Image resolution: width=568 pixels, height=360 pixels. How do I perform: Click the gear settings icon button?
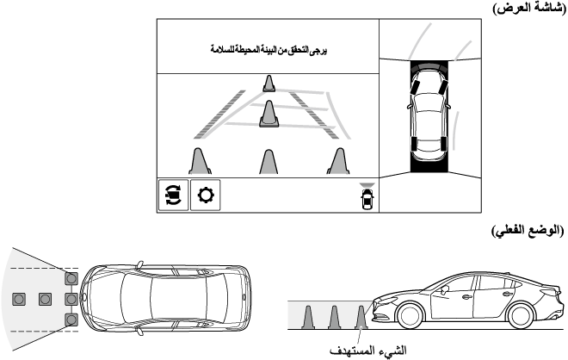click(206, 195)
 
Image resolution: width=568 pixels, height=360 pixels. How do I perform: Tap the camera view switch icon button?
click(174, 195)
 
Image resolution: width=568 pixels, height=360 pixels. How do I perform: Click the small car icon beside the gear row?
click(367, 196)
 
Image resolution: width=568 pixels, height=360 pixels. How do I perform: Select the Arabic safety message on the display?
click(269, 50)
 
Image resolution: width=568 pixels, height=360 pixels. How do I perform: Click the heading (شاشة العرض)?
click(529, 8)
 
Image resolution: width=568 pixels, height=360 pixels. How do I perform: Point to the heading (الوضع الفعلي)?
click(528, 231)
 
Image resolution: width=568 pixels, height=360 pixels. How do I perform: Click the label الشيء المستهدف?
click(368, 351)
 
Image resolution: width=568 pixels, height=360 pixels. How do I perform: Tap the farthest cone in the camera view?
click(269, 84)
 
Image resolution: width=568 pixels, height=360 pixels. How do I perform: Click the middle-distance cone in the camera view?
click(269, 114)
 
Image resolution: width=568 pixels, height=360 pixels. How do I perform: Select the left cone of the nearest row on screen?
click(200, 161)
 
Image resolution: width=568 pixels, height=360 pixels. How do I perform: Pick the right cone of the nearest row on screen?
click(338, 161)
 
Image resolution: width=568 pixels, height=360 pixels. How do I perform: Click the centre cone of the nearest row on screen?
click(269, 162)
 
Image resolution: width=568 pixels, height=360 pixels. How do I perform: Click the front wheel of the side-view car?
click(410, 314)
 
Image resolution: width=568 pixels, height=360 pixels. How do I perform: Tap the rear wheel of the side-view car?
click(521, 314)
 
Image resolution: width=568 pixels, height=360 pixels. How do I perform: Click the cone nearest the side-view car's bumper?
click(361, 318)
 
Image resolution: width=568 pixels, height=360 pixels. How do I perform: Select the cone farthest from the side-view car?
click(308, 318)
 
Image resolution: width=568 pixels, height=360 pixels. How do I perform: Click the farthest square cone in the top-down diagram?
click(19, 299)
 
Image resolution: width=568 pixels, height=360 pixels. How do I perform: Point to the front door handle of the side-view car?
click(466, 297)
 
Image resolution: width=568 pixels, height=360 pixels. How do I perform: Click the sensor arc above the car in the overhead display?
click(429, 66)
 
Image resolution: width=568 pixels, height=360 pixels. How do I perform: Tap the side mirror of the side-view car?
click(444, 289)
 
